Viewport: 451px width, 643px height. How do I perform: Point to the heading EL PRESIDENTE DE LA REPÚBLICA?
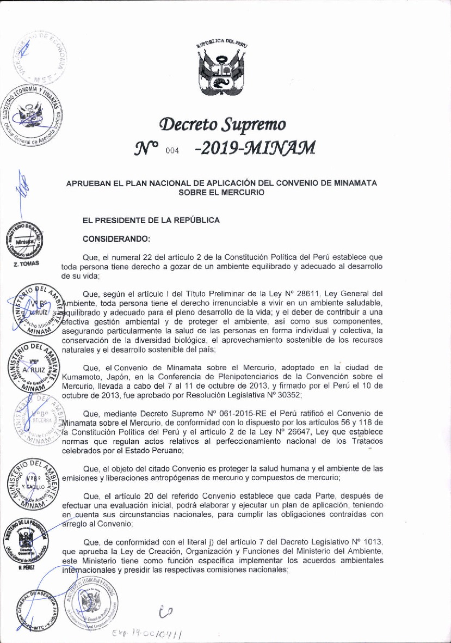[151, 221]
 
